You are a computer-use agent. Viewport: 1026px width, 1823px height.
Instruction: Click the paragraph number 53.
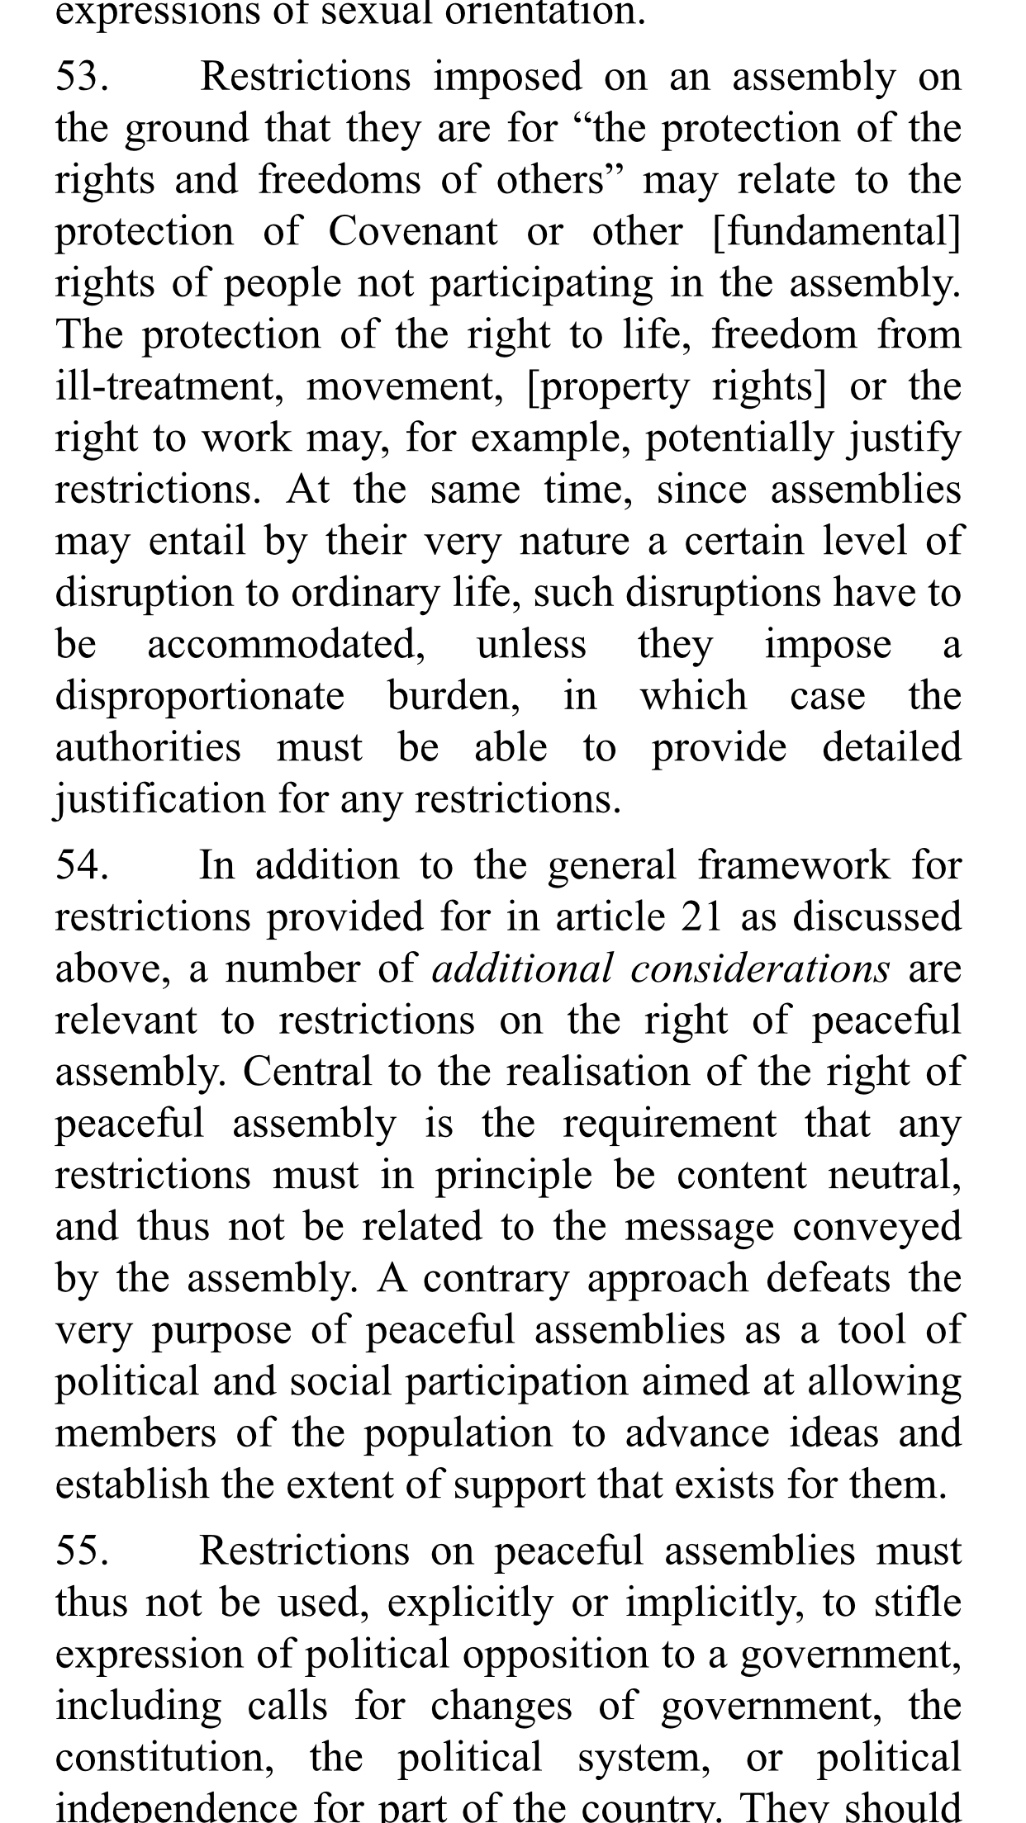pyautogui.click(x=81, y=78)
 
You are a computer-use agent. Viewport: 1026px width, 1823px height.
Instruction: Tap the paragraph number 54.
pyautogui.click(x=82, y=866)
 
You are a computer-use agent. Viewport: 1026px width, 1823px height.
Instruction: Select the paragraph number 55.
pyautogui.click(x=82, y=1551)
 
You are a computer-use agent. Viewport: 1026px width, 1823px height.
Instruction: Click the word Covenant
pyautogui.click(x=413, y=232)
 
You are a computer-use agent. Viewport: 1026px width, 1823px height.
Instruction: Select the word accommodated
pyautogui.click(x=286, y=645)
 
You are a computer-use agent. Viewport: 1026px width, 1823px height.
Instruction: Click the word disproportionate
pyautogui.click(x=199, y=697)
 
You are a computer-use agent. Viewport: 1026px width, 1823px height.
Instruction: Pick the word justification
pyautogui.click(x=159, y=800)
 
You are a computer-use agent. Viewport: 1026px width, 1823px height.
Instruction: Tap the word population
pyautogui.click(x=458, y=1433)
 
